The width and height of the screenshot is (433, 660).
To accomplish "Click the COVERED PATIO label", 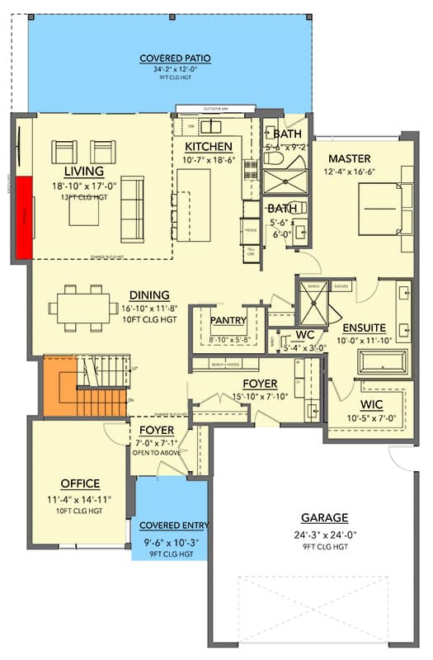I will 175,58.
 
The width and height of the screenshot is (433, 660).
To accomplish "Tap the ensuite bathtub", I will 383,362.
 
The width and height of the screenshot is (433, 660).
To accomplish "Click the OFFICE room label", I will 80,483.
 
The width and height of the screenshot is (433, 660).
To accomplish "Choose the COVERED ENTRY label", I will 174,526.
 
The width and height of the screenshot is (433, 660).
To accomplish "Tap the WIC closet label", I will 377,405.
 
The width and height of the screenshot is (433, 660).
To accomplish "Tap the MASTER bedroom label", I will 350,158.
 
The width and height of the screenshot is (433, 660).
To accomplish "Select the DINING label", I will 149,295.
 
